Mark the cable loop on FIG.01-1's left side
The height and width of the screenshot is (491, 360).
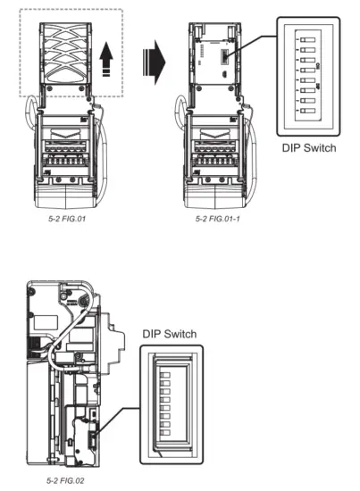(181, 121)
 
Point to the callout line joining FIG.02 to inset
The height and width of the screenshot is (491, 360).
(121, 420)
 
